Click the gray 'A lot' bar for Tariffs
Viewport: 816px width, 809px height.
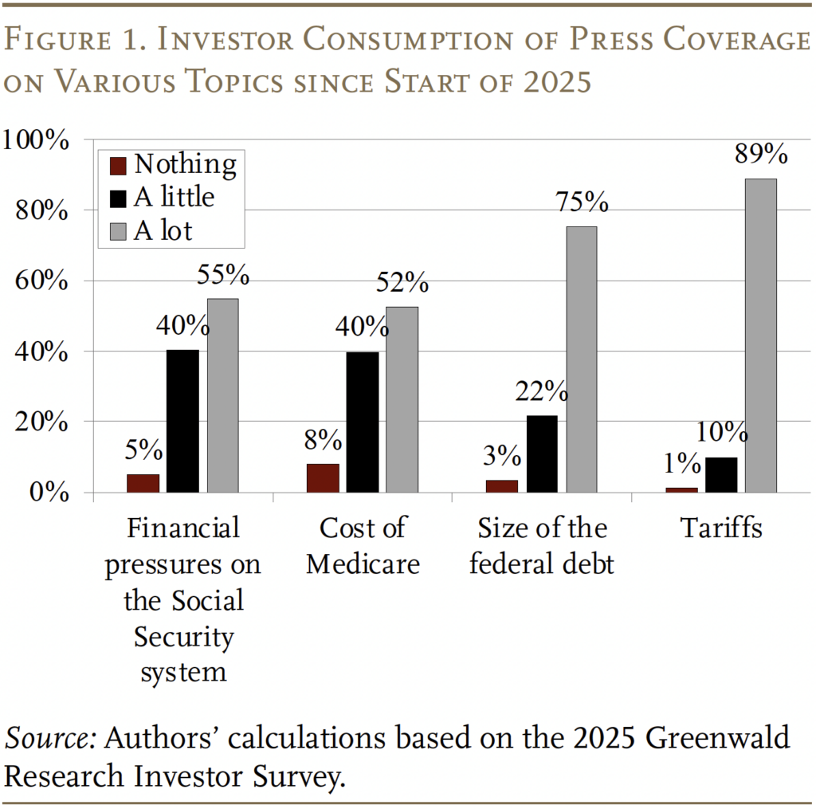(x=760, y=335)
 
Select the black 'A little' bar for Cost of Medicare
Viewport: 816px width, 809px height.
(x=363, y=422)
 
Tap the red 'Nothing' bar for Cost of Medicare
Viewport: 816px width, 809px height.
(x=323, y=477)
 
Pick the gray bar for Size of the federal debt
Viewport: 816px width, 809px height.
(x=581, y=359)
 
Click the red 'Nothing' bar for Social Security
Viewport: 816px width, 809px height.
(x=143, y=483)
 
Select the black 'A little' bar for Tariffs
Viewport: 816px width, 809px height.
(x=721, y=474)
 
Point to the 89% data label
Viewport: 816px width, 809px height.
(x=761, y=154)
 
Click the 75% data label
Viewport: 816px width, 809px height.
(x=582, y=202)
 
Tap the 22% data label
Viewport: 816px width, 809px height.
(x=541, y=391)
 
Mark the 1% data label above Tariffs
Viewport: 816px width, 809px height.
(x=682, y=463)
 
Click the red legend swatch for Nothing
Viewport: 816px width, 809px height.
(x=118, y=166)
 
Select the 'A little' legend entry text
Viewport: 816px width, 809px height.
(x=174, y=197)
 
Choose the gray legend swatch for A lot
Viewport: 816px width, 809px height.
(x=118, y=231)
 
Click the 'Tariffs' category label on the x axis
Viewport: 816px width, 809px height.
(x=721, y=528)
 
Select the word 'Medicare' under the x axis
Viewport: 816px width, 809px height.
(x=363, y=564)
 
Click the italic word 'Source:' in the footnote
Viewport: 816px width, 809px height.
(x=51, y=738)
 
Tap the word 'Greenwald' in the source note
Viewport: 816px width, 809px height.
(x=717, y=738)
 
